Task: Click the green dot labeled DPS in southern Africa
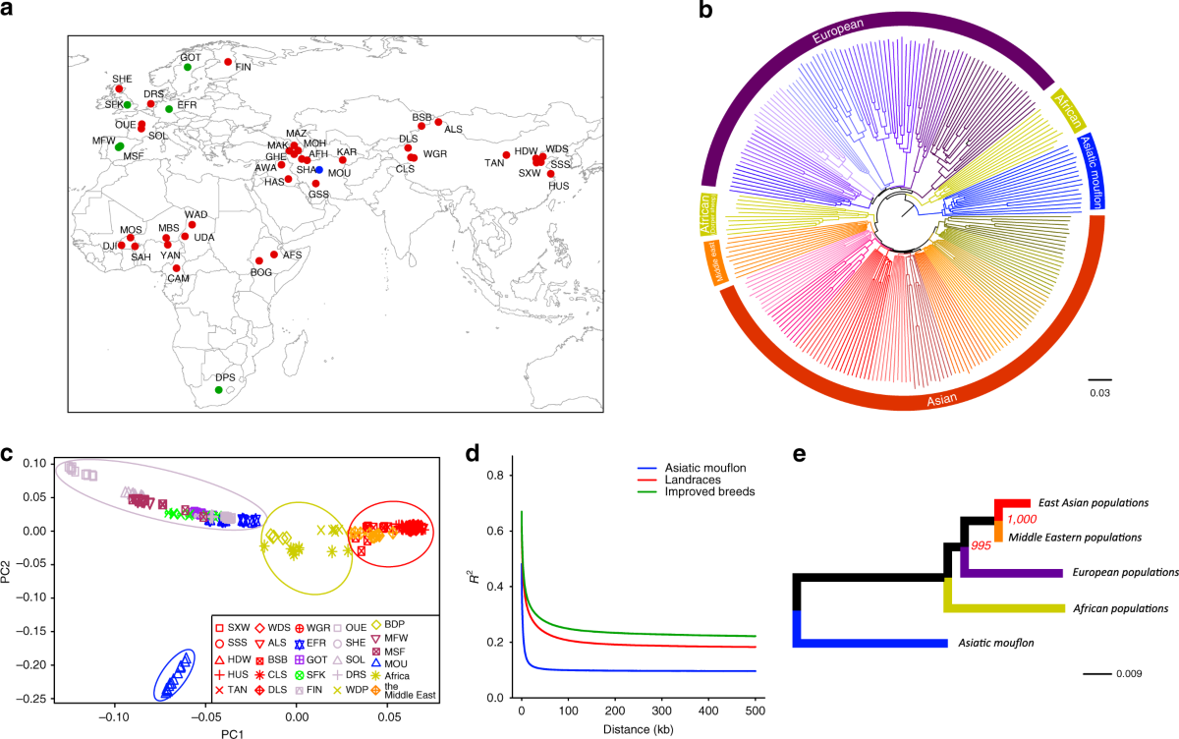coord(218,390)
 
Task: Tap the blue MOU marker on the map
coord(319,170)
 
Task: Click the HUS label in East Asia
coord(558,185)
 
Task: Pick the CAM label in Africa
coord(178,278)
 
